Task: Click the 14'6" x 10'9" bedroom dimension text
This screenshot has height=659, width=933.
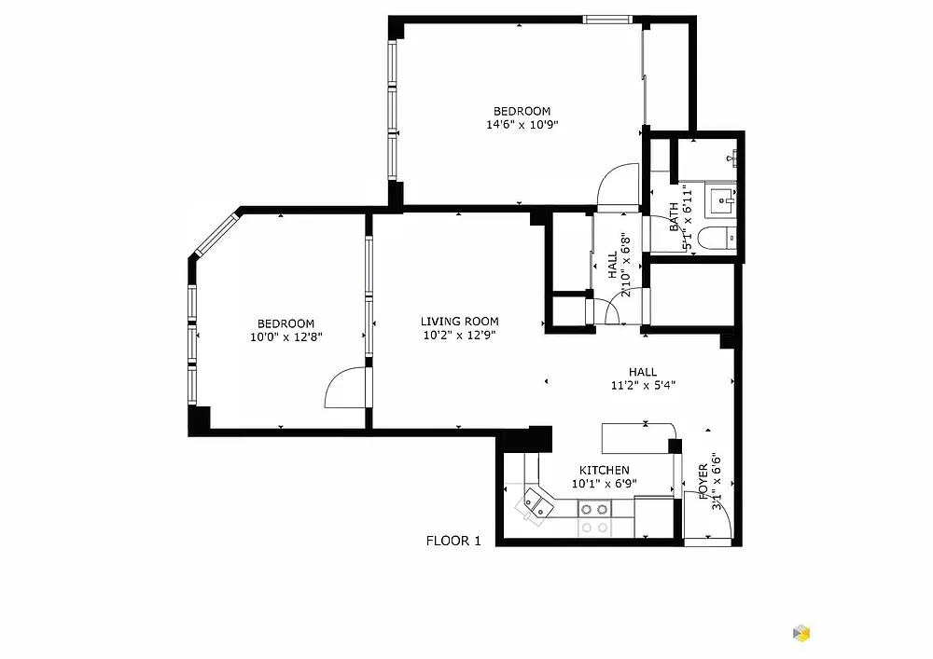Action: (522, 125)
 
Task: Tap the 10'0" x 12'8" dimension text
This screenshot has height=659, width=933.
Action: (286, 336)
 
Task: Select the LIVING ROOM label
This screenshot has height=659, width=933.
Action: (459, 322)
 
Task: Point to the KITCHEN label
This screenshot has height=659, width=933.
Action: (604, 470)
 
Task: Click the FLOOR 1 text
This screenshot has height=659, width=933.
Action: (453, 541)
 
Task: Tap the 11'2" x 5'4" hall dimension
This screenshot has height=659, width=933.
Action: (643, 385)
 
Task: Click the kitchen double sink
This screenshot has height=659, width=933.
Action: (537, 506)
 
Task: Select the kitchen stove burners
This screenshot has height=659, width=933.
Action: (594, 509)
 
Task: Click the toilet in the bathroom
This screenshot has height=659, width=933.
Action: (717, 239)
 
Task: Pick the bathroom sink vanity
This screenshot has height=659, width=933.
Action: (720, 200)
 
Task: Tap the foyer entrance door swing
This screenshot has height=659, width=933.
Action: (708, 515)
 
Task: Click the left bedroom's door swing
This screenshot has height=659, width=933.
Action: (345, 388)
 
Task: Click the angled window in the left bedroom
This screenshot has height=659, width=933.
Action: (217, 234)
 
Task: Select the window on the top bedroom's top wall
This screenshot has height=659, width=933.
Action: (607, 20)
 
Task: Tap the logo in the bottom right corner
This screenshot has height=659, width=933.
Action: (801, 633)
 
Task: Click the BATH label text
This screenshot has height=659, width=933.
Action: (674, 216)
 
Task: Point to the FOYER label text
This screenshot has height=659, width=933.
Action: (703, 481)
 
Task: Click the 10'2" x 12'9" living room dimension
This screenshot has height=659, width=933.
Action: (459, 336)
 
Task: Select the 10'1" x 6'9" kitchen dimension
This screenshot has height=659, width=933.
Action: (604, 484)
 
